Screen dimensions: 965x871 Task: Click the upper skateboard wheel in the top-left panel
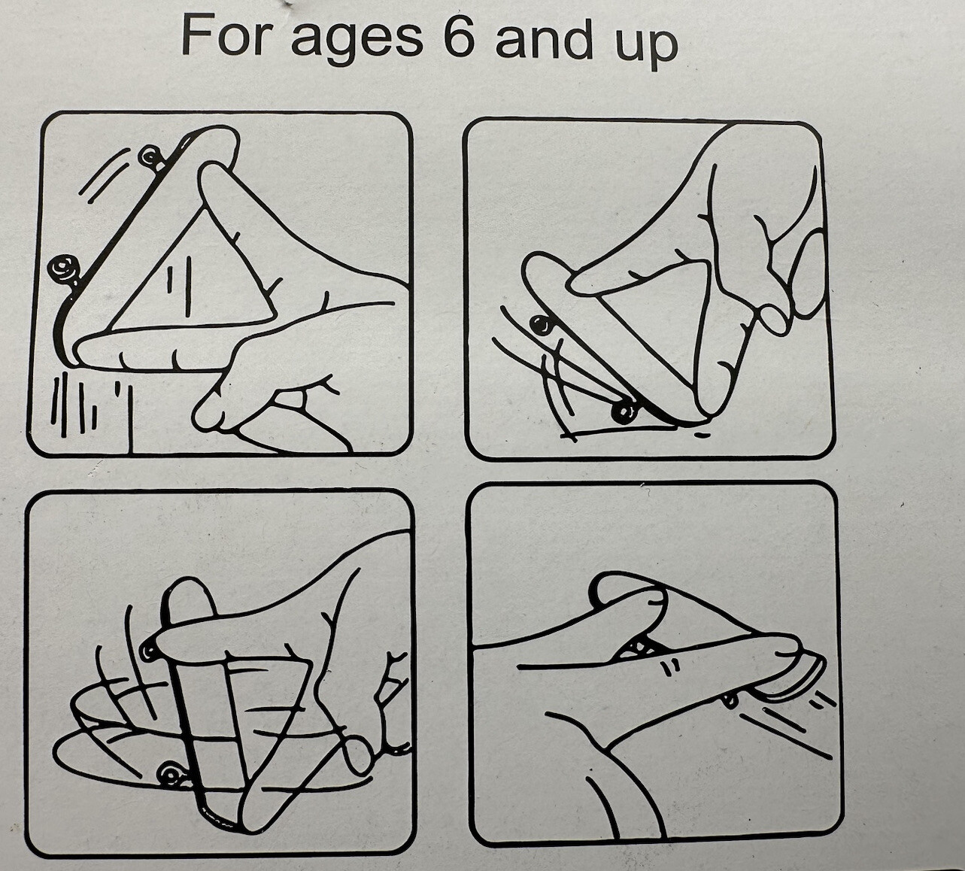(150, 156)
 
